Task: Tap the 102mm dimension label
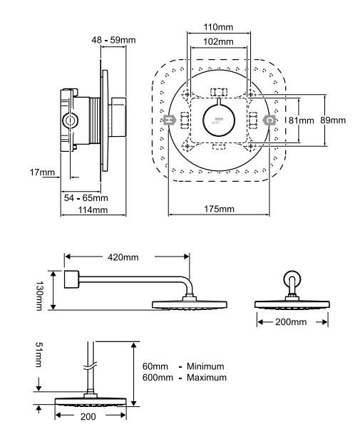click(x=218, y=42)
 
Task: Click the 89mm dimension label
click(x=333, y=120)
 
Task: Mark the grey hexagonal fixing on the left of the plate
click(x=170, y=120)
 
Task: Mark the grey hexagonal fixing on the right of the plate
click(x=268, y=120)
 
